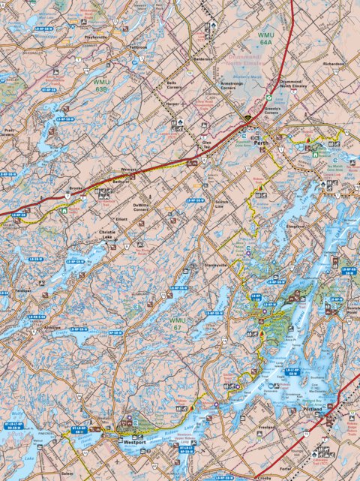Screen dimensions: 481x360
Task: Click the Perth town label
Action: [260, 142]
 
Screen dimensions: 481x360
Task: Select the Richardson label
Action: [333, 65]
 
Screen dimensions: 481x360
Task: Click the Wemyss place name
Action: [128, 170]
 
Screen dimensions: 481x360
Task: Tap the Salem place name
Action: [67, 474]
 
